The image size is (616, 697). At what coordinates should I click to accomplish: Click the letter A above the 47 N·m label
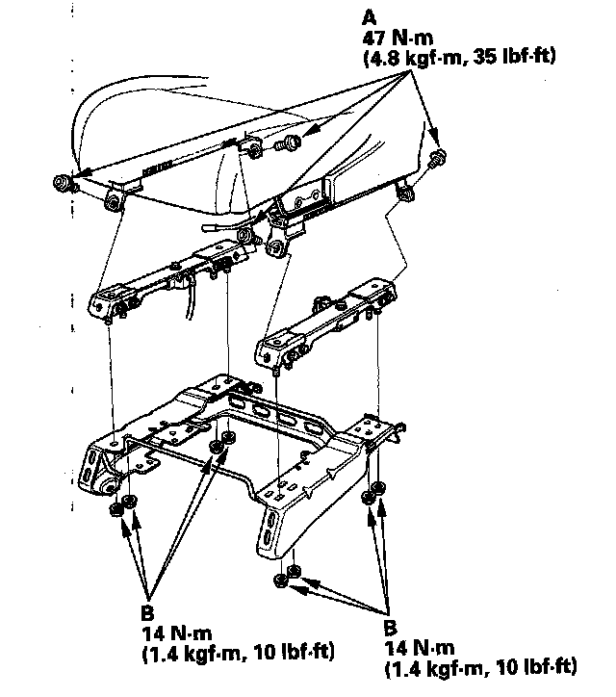pos(370,18)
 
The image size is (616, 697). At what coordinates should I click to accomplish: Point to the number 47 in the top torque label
pos(373,39)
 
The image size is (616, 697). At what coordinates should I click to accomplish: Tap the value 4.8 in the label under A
pos(385,58)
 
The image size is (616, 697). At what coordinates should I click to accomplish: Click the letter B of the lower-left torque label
pos(147,613)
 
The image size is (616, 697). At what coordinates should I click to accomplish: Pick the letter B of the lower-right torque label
pos(390,628)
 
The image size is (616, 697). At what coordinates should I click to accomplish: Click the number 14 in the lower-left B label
pos(152,633)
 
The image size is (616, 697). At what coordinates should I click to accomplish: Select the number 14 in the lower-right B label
pos(396,648)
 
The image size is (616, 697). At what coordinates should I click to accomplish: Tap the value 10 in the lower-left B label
pos(267,652)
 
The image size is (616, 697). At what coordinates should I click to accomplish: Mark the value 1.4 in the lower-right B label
pos(405,668)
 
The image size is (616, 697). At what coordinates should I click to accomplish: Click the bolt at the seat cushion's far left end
pos(62,183)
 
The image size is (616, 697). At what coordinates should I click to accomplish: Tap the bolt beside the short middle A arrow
pos(288,143)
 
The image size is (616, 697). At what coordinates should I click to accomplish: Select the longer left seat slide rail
pos(168,280)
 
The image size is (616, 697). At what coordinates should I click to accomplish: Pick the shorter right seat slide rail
pos(325,321)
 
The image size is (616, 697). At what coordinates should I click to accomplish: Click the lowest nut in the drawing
pos(280,581)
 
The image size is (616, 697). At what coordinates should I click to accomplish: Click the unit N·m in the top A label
pos(412,39)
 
